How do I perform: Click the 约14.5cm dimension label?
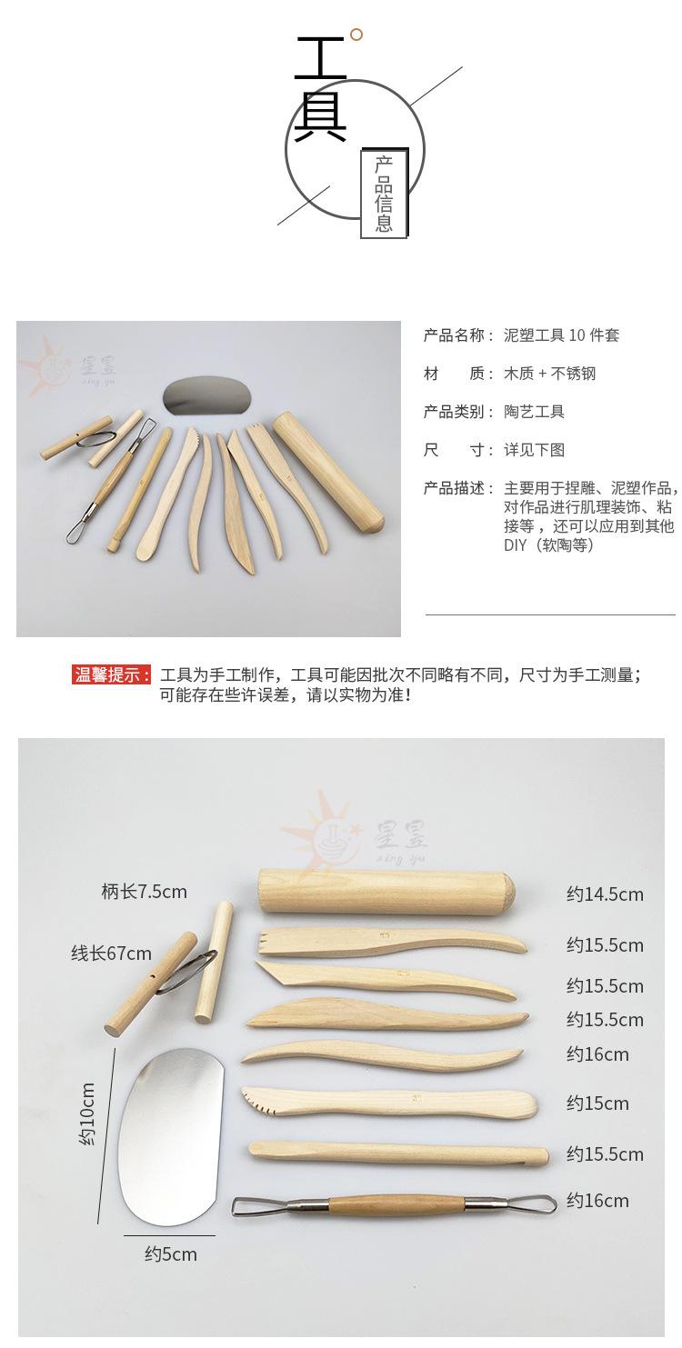coord(605,894)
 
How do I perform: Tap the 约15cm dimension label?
coord(597,1103)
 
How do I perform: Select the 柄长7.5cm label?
coord(144,892)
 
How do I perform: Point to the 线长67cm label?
coord(112,954)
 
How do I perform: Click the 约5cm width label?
coord(170,1254)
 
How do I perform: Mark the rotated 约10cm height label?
coord(88,1113)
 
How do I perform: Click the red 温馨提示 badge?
coord(111,674)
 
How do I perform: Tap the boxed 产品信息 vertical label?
coord(385,193)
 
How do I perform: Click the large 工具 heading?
coord(320,90)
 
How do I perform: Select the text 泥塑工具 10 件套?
coord(561,335)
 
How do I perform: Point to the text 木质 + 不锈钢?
coord(549,374)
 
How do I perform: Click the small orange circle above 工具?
coord(356,35)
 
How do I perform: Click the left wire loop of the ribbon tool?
coord(248,1207)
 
